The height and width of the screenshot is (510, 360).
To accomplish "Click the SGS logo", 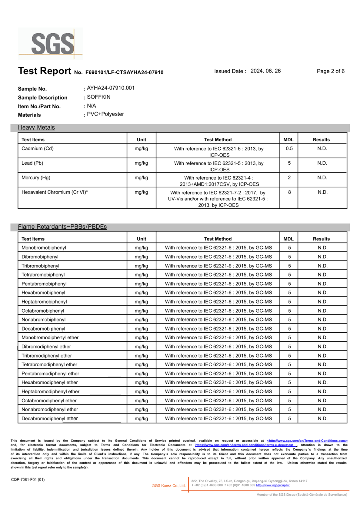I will [x=50, y=44].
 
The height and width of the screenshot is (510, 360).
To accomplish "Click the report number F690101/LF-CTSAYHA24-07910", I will [x=124, y=72].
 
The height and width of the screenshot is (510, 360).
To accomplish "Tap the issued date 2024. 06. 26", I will [x=265, y=71].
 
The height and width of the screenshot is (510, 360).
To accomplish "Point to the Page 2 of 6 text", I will [x=330, y=71].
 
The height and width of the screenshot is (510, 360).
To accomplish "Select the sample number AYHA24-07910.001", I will [x=111, y=88].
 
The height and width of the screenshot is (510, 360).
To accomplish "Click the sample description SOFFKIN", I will [x=98, y=97].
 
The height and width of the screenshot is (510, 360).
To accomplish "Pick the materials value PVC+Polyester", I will [x=105, y=114].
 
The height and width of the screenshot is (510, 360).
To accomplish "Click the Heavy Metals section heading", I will [x=36, y=128].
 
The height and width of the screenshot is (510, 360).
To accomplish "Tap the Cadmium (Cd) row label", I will [x=37, y=149].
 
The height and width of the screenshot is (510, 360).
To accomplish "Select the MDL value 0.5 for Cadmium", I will [x=289, y=149].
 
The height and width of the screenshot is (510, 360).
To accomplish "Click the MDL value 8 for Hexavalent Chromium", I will [x=289, y=192].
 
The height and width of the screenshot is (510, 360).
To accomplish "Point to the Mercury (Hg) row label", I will [x=36, y=178].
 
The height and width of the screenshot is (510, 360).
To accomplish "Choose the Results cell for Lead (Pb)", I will [x=322, y=163].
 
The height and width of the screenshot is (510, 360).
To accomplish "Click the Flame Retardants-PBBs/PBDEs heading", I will [x=62, y=227].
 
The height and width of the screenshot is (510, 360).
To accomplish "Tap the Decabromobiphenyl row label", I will [x=43, y=329].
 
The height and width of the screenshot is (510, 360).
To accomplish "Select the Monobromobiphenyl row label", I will [x=44, y=248].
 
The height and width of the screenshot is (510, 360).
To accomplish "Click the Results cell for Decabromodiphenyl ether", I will [x=322, y=418].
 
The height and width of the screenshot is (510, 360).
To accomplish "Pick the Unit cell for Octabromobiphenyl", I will [x=141, y=311].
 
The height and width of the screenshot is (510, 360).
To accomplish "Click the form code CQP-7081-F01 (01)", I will [x=28, y=479].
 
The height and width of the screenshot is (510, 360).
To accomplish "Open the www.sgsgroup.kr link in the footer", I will [x=273, y=485].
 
